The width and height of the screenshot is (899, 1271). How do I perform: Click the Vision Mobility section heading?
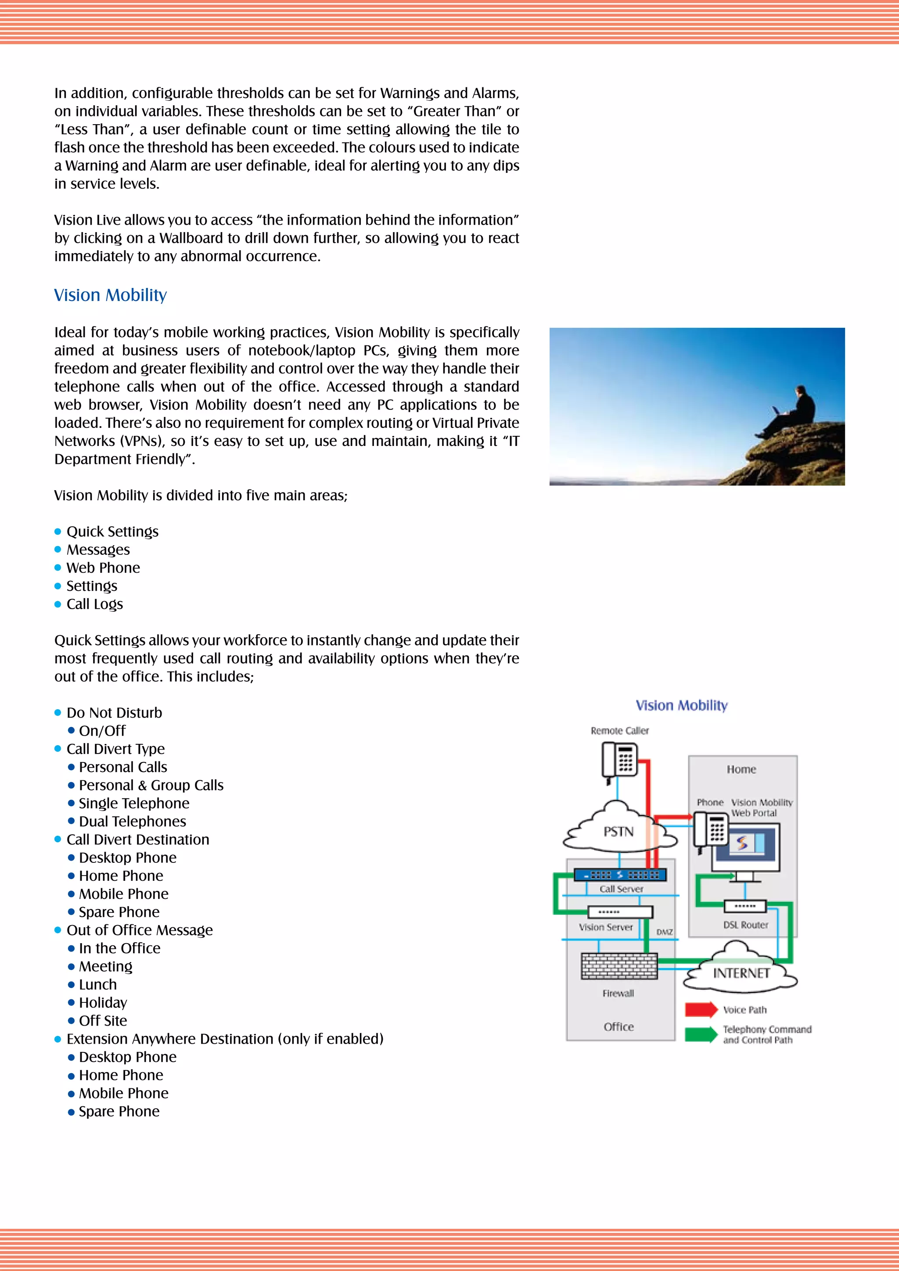point(110,295)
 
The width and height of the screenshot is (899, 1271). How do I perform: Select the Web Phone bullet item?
point(103,568)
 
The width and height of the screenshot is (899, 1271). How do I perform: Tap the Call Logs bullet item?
point(95,604)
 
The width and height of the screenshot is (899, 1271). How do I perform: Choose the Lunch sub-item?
point(98,984)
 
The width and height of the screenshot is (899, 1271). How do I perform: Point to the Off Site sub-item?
point(103,1021)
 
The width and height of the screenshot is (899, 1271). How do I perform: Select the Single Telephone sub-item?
point(134,803)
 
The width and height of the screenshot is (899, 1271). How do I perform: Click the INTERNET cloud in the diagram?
point(741,973)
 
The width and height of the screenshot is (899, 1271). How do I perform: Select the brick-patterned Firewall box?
point(619,966)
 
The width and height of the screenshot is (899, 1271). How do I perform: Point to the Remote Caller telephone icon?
point(619,761)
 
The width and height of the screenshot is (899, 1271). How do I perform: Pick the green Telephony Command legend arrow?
point(700,1034)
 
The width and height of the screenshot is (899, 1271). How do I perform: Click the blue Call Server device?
point(619,875)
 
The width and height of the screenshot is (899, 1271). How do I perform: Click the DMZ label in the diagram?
point(664,932)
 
